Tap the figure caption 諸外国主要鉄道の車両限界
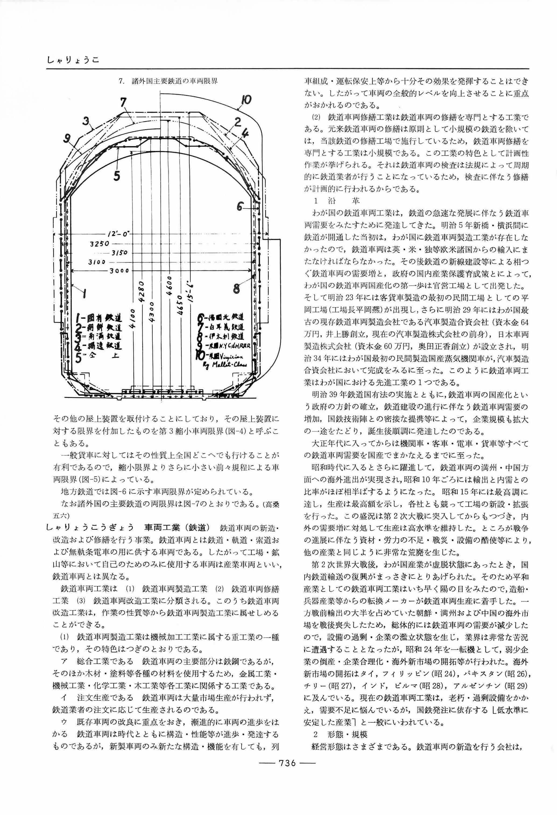point(174,81)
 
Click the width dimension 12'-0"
point(118,233)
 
